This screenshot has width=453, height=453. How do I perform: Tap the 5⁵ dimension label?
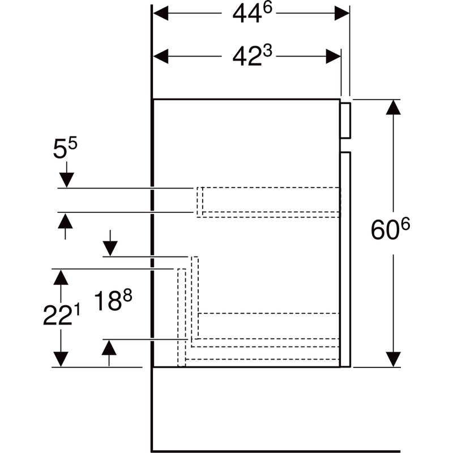65,151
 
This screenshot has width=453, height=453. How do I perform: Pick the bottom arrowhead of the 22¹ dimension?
61,359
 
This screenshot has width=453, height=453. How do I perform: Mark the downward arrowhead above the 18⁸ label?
110,248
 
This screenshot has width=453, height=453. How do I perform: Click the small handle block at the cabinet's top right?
346,120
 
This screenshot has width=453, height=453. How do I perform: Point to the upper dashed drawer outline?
269,201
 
